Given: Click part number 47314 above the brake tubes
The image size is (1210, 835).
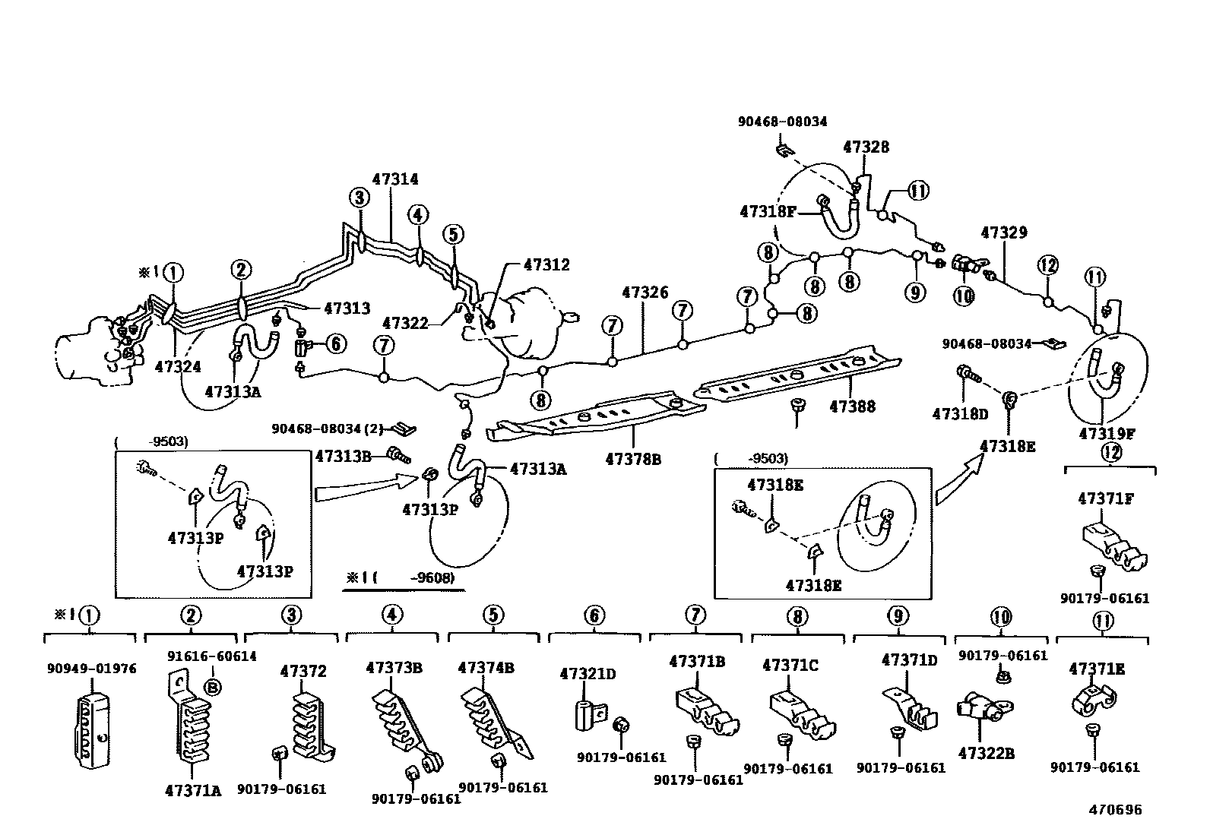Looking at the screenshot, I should [394, 179].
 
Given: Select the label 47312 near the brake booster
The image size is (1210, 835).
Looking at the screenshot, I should [546, 265].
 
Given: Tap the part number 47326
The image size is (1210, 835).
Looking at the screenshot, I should [645, 293].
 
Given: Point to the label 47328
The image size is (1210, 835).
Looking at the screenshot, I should [866, 147].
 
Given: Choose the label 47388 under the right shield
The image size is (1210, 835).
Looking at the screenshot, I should [852, 406].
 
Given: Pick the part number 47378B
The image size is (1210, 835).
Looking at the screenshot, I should [633, 459].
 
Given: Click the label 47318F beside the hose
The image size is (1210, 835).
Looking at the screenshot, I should [767, 211].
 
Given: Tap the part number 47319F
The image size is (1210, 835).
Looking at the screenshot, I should [1107, 434].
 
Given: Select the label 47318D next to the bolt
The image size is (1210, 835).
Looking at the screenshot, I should [960, 414].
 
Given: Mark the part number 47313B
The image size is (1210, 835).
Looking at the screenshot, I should [343, 456].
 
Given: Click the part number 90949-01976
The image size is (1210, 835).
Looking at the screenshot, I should [90, 669].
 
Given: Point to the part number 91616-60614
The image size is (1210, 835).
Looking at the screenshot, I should [212, 656].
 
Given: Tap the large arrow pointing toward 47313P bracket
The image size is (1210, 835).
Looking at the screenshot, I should [364, 487].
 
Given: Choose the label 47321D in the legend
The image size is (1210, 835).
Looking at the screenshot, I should [588, 673].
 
